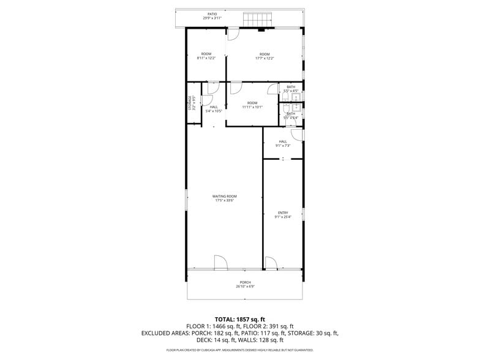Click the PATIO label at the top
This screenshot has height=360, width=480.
(212, 13)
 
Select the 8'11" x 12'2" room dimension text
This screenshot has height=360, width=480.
(206, 58)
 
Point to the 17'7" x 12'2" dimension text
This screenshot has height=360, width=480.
(264, 58)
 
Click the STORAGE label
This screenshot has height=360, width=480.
(190, 102)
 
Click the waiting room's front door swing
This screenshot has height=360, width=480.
(221, 263)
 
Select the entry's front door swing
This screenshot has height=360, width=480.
(271, 263)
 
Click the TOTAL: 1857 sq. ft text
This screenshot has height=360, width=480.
(240, 319)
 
